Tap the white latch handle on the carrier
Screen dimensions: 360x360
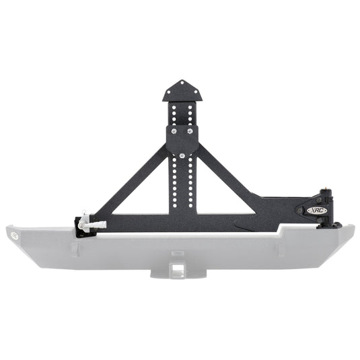point(92,221)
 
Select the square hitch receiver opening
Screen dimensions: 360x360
point(178,269)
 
